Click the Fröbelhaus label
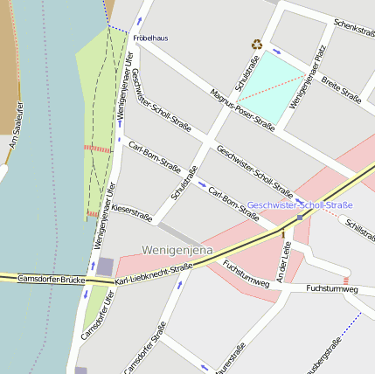click(x=150, y=38)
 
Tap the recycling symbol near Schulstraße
click(x=257, y=44)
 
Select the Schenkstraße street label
click(x=354, y=28)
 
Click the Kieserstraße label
click(x=132, y=212)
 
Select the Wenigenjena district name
click(x=177, y=250)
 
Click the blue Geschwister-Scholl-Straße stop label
click(x=300, y=204)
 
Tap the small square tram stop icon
click(x=300, y=217)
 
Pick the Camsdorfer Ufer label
click(x=97, y=315)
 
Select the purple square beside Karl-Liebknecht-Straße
click(x=105, y=267)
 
